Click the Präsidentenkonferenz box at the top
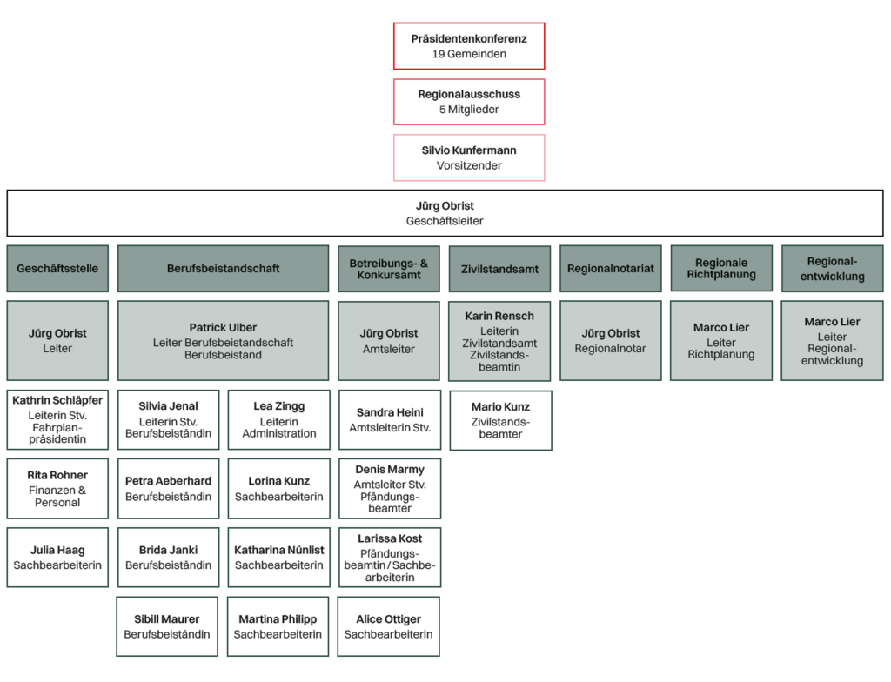469,46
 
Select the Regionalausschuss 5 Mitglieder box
469,102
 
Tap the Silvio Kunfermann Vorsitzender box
469,157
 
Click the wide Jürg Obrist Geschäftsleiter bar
445,213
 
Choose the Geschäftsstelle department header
57,268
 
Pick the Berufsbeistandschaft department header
224,268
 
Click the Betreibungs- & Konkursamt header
389,268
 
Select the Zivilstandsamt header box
499,269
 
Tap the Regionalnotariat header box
611,268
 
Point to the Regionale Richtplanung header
721,268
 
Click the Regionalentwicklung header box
832,268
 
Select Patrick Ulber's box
224,340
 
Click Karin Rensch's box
499,340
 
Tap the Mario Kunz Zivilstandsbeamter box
500,420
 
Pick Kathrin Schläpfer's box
57,420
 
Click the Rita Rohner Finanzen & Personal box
57,489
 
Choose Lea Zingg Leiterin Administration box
279,420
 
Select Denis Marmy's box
390,489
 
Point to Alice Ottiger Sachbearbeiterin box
389,626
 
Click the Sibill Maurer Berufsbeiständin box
167,626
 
